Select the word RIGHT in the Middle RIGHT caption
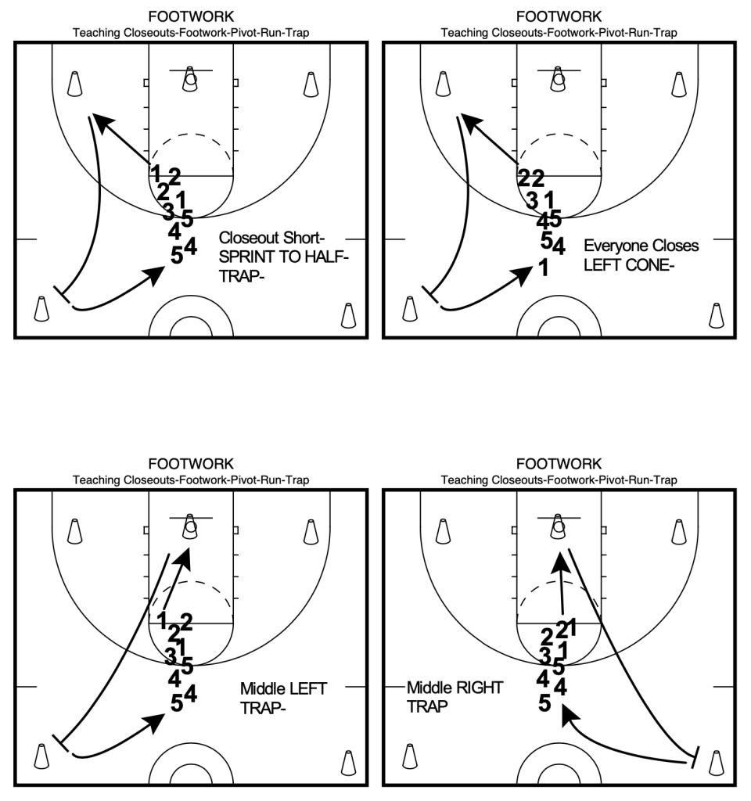coord(478,688)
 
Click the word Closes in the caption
coord(674,246)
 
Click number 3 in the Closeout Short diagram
coord(168,210)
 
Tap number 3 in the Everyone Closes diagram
coord(532,199)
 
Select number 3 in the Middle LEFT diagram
coord(170,656)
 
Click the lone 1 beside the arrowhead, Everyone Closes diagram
coord(543,268)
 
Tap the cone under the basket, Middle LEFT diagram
coord(189,528)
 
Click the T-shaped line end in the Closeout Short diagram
coord(61,295)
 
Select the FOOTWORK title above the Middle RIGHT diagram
coord(559,464)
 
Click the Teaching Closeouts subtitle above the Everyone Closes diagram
coord(559,33)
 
